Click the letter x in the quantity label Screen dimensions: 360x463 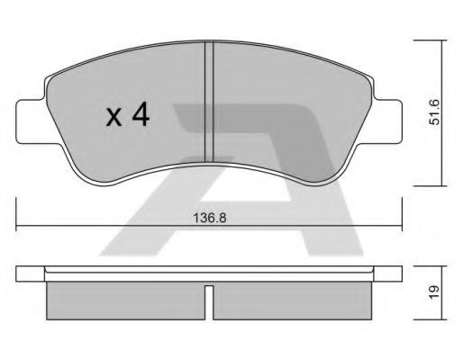point(113,115)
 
